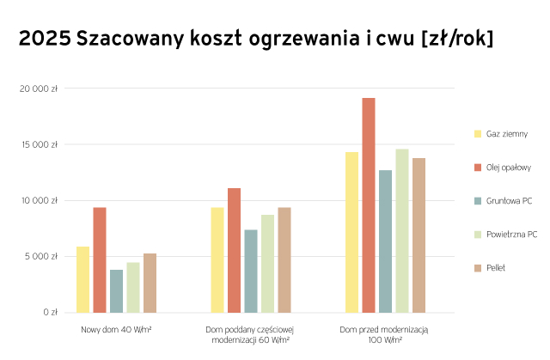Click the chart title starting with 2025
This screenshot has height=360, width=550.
(x=255, y=40)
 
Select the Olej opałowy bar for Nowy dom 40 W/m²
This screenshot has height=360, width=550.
(x=100, y=259)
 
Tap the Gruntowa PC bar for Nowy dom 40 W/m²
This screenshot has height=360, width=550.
(x=116, y=291)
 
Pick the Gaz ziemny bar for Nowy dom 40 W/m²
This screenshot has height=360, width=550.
(x=82, y=279)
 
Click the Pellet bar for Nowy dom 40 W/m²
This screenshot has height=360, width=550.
(x=150, y=283)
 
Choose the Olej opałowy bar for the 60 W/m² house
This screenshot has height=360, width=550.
(x=234, y=250)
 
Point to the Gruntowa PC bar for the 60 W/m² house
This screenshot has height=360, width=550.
(x=251, y=271)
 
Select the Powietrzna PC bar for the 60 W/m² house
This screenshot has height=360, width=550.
(x=267, y=264)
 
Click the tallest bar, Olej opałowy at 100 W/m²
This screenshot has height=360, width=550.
(x=368, y=205)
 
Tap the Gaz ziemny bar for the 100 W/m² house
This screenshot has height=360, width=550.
(x=351, y=232)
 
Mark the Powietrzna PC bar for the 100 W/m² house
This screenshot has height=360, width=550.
(x=402, y=230)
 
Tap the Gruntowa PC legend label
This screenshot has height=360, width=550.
(x=509, y=201)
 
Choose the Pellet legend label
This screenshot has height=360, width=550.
(x=495, y=268)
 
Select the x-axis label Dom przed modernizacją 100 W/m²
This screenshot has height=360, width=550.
(x=384, y=335)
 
